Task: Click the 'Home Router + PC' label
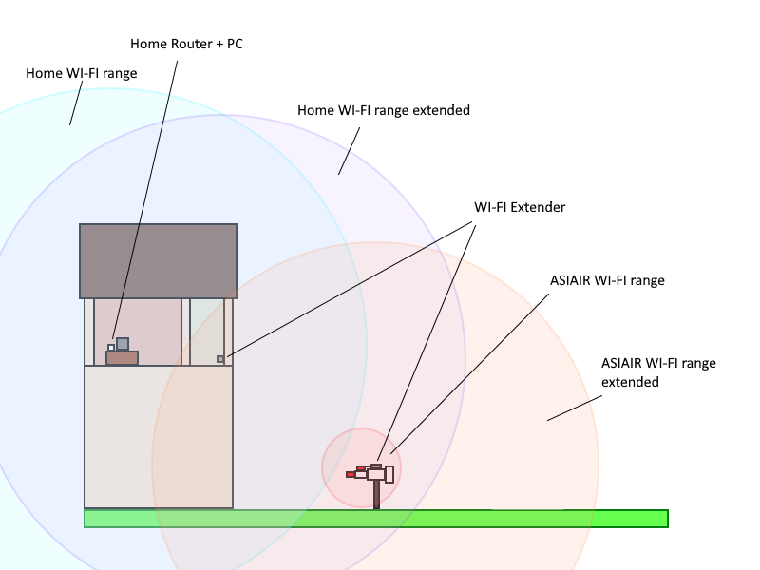[x=186, y=44]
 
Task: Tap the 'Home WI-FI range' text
[x=81, y=72]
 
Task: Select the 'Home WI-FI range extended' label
[x=384, y=110]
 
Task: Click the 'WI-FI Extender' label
[x=519, y=207]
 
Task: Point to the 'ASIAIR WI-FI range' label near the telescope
[x=607, y=280]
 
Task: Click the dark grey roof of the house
[x=158, y=261]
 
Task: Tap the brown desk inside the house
[x=122, y=358]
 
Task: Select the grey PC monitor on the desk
[x=123, y=344]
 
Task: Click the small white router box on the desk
[x=111, y=348]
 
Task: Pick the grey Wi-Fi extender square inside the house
[x=220, y=359]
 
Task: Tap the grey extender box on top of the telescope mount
[x=376, y=466]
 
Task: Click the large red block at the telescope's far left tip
[x=351, y=474]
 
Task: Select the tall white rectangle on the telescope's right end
[x=389, y=474]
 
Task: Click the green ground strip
[x=375, y=519]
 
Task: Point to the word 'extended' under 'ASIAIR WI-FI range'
[x=631, y=382]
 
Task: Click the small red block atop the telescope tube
[x=361, y=468]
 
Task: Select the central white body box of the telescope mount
[x=375, y=474]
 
